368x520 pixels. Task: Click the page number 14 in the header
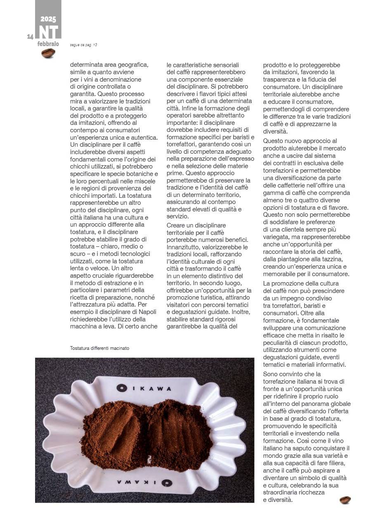coord(30,37)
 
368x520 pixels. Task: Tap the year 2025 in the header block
coord(48,19)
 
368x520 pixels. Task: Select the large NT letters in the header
coord(48,32)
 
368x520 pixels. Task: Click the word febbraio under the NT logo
coord(48,44)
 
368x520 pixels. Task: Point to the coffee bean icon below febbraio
coord(48,53)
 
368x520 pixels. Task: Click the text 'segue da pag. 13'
coord(83,45)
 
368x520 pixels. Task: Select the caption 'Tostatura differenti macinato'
coord(99,348)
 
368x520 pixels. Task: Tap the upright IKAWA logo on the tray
coord(144,388)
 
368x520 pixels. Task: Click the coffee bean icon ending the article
coord(345,500)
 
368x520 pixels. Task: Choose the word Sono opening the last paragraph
coord(271,374)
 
